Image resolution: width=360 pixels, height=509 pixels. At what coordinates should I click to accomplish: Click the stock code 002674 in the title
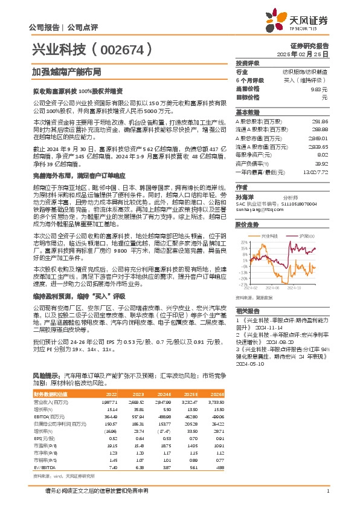click(x=128, y=50)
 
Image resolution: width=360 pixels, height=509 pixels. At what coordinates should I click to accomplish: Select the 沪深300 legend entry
click(x=300, y=234)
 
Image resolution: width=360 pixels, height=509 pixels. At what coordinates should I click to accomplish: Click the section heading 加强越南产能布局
click(x=59, y=71)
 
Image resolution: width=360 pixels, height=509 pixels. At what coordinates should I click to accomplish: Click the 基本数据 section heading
click(x=247, y=112)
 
